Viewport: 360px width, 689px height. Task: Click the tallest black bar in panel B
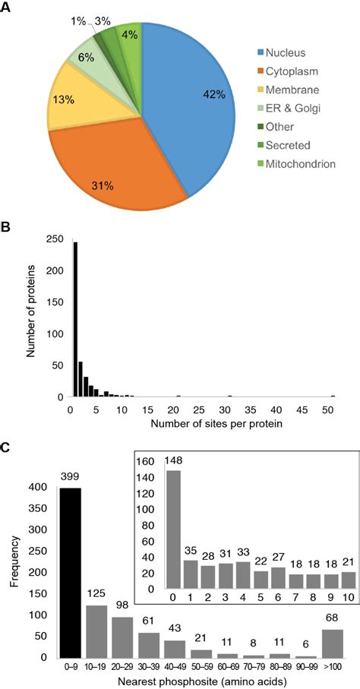pos(74,319)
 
